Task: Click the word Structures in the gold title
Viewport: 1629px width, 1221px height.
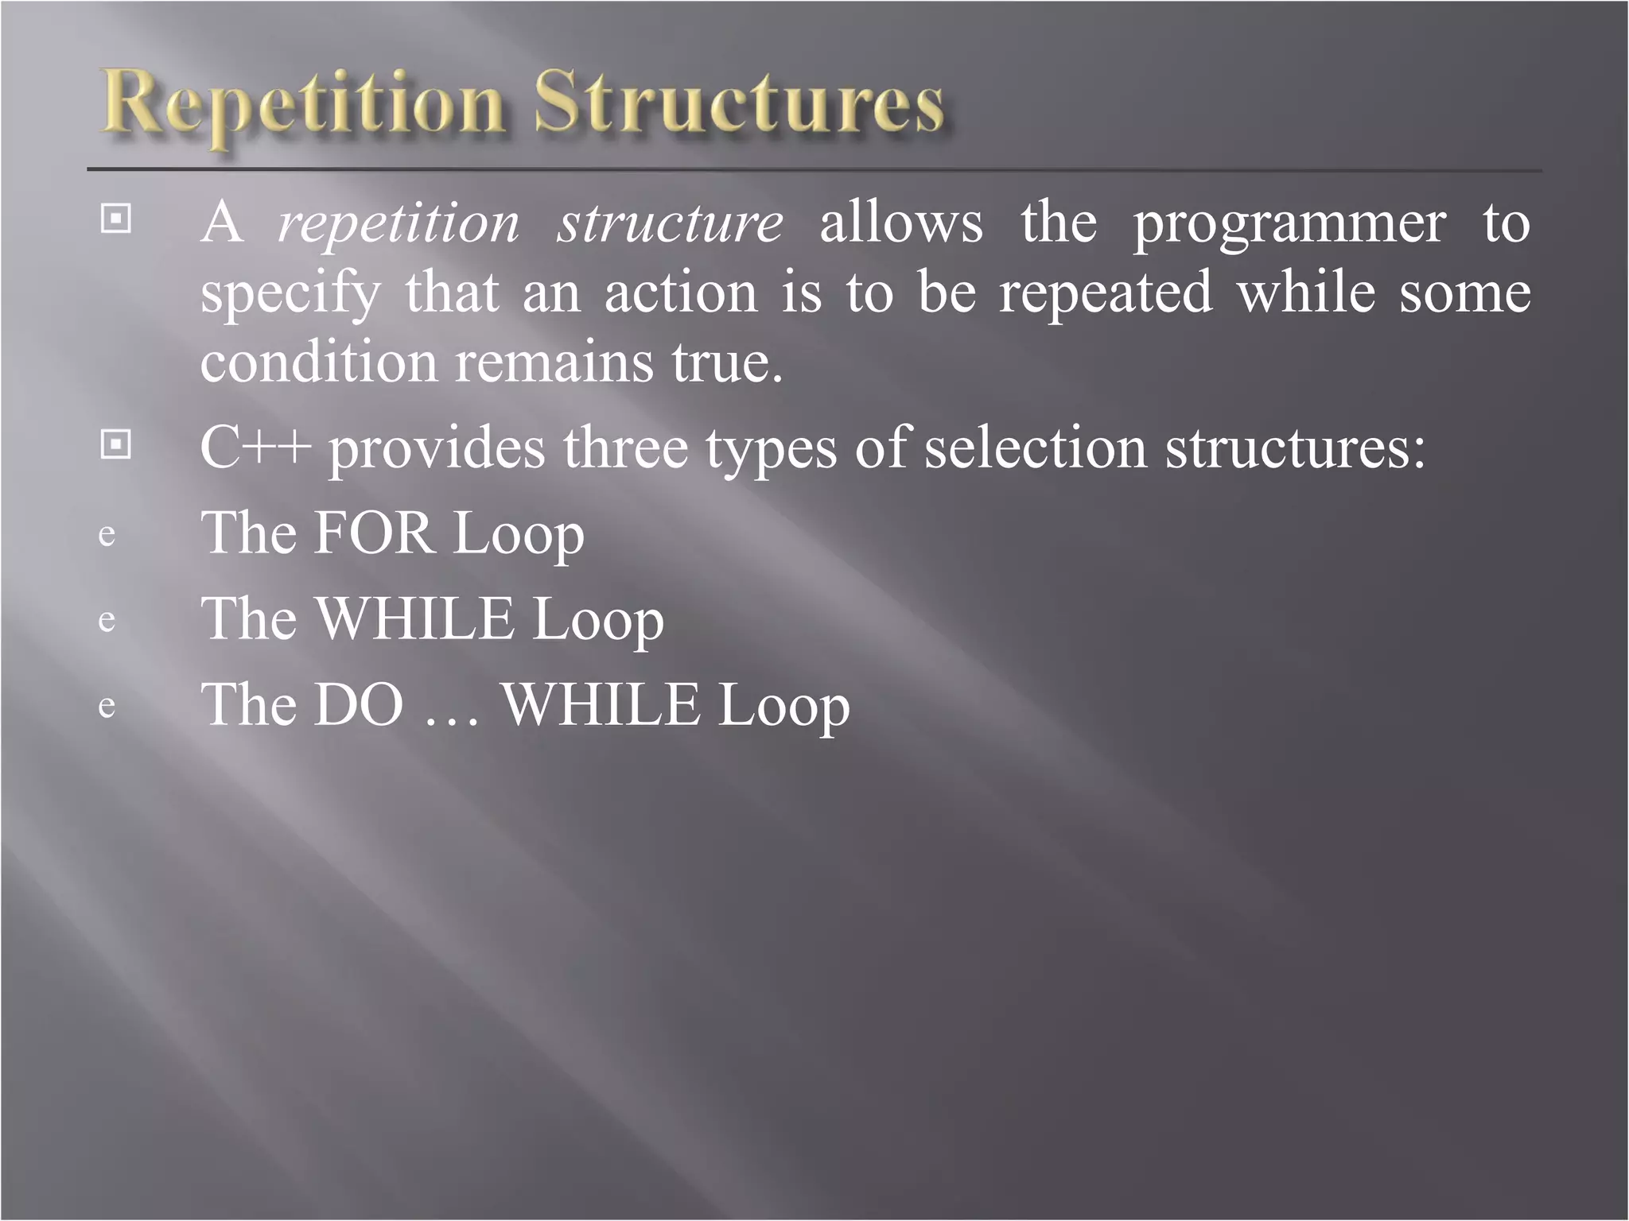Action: pos(738,103)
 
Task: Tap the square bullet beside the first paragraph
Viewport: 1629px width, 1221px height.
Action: pos(116,218)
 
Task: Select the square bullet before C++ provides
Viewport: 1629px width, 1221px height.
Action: pos(116,444)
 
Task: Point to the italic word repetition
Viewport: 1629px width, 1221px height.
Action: pos(399,223)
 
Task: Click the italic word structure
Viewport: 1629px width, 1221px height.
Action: pos(670,223)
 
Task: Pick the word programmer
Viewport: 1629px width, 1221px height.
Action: pos(1289,225)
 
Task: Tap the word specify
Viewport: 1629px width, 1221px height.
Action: pos(290,294)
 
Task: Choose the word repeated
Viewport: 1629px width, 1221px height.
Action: pos(1106,294)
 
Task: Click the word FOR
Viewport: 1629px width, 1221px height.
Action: pos(374,533)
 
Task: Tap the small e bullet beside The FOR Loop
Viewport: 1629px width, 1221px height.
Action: pos(107,535)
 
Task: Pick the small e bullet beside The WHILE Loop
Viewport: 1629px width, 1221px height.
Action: pos(107,621)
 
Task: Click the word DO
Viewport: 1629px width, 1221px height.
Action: pos(359,704)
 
